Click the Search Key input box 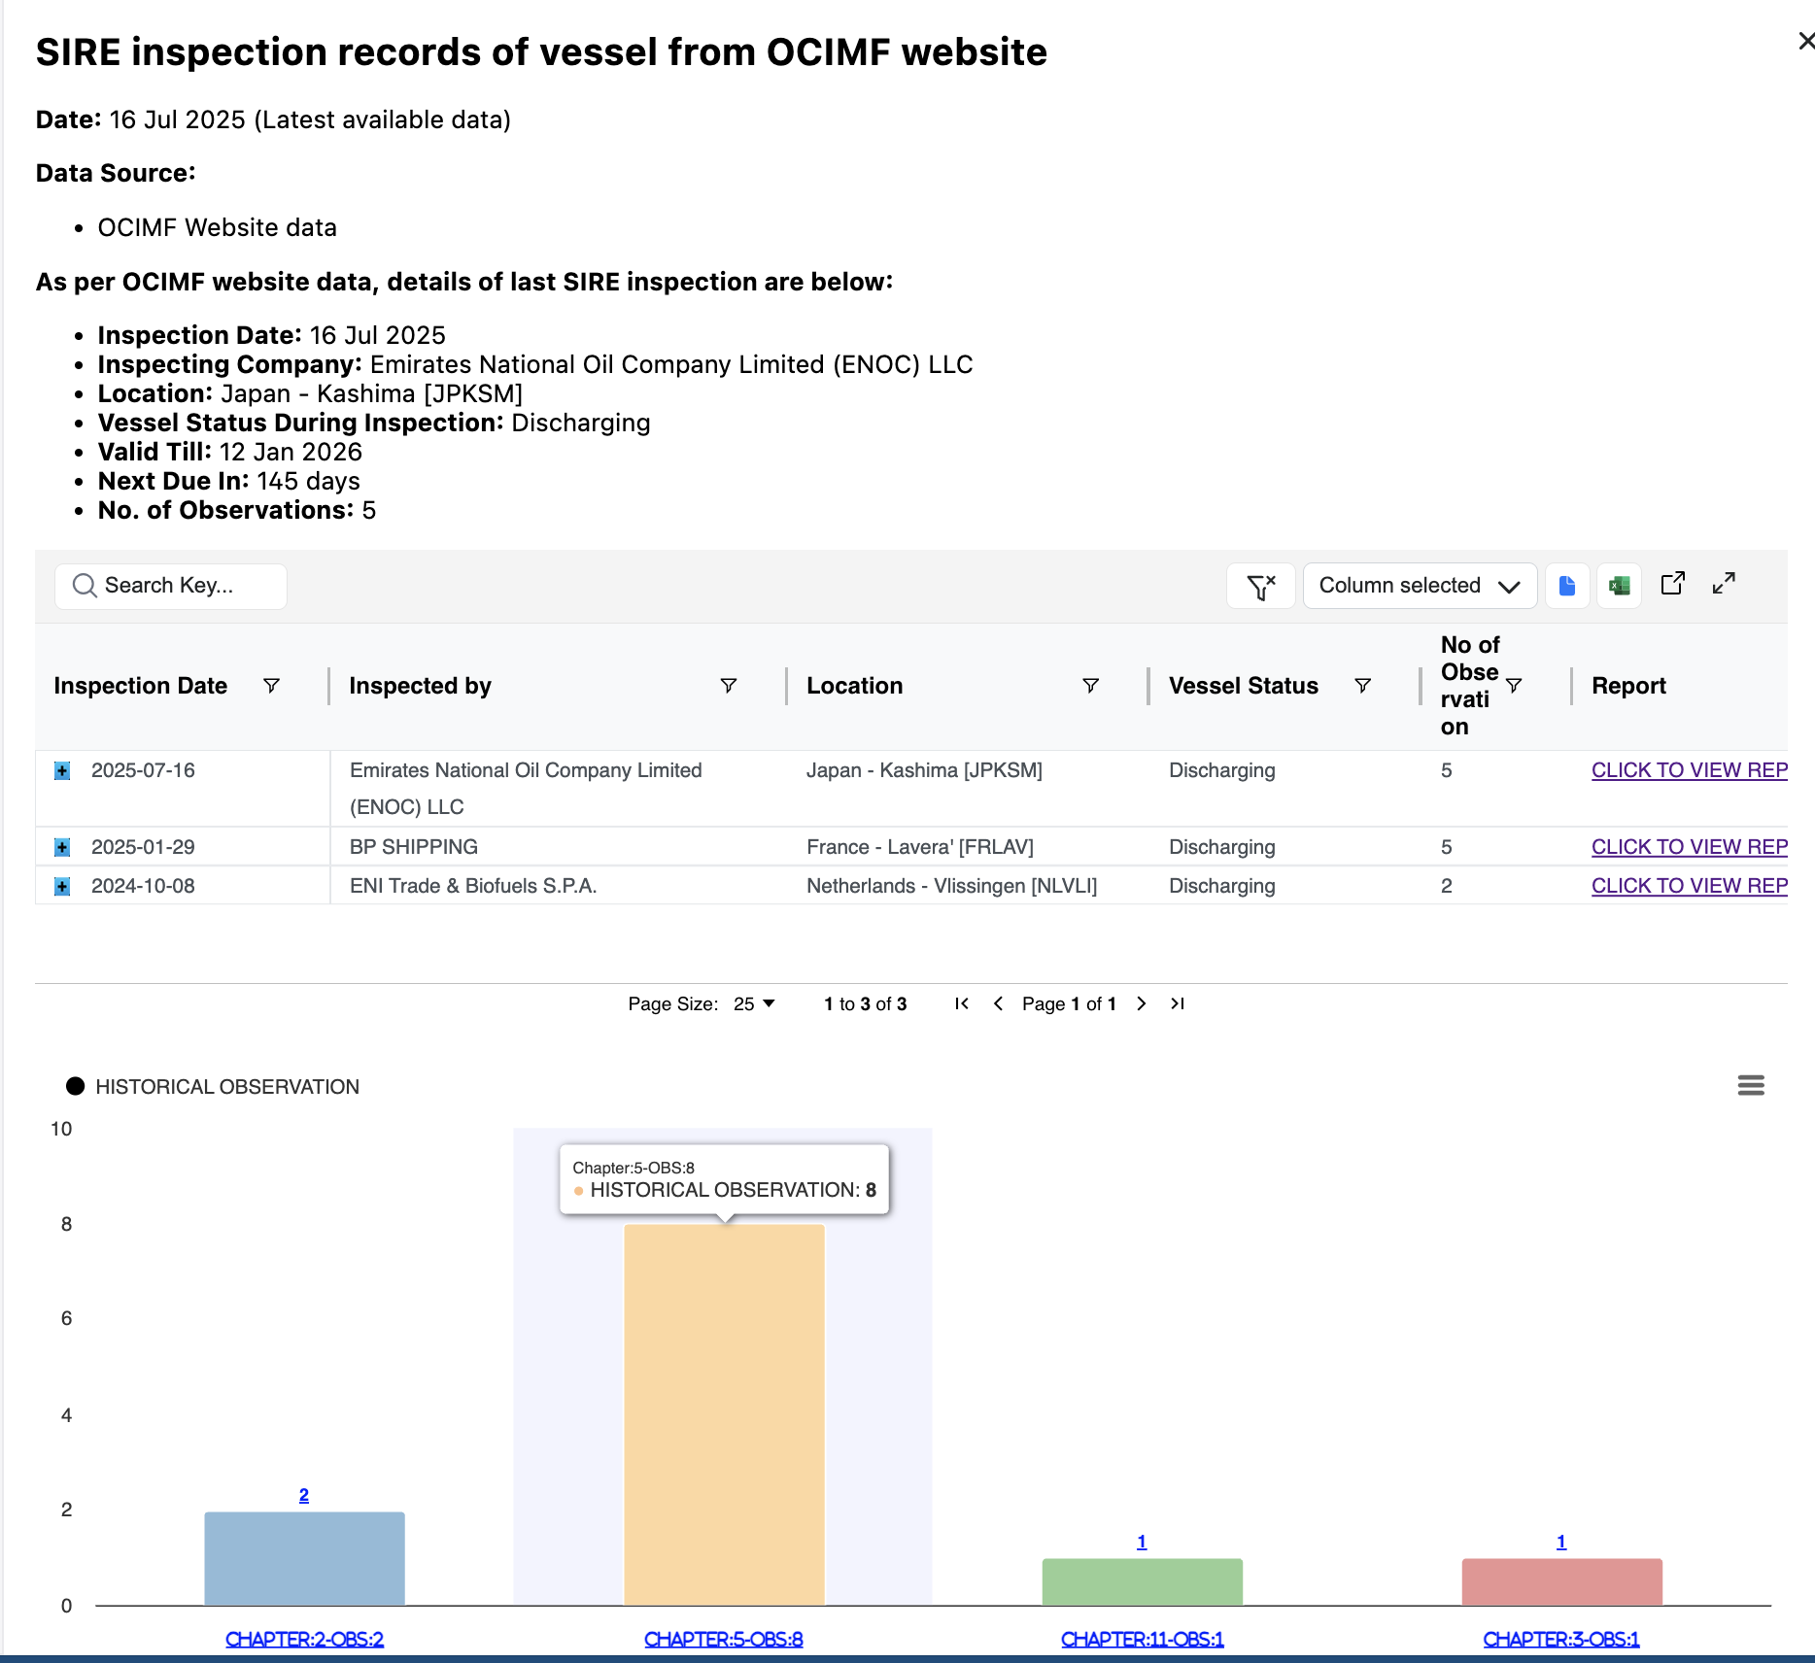click(x=171, y=586)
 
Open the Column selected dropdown click(x=1419, y=586)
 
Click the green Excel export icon click(x=1619, y=586)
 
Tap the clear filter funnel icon click(x=1260, y=587)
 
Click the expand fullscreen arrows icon click(x=1724, y=584)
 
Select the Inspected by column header click(x=421, y=686)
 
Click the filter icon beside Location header click(x=1090, y=686)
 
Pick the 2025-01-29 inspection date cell click(x=143, y=847)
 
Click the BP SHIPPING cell click(x=414, y=847)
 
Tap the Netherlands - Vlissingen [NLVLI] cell click(x=951, y=886)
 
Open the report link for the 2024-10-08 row click(x=1689, y=886)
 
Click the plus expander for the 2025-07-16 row click(x=62, y=771)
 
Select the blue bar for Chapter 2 click(x=304, y=1558)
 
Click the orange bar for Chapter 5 click(x=724, y=1414)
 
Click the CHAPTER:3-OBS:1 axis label click(x=1560, y=1639)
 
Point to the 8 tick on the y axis click(x=66, y=1224)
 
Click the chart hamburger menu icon click(x=1751, y=1085)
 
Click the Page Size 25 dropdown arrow click(x=769, y=1003)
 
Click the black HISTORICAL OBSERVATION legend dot click(x=75, y=1086)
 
